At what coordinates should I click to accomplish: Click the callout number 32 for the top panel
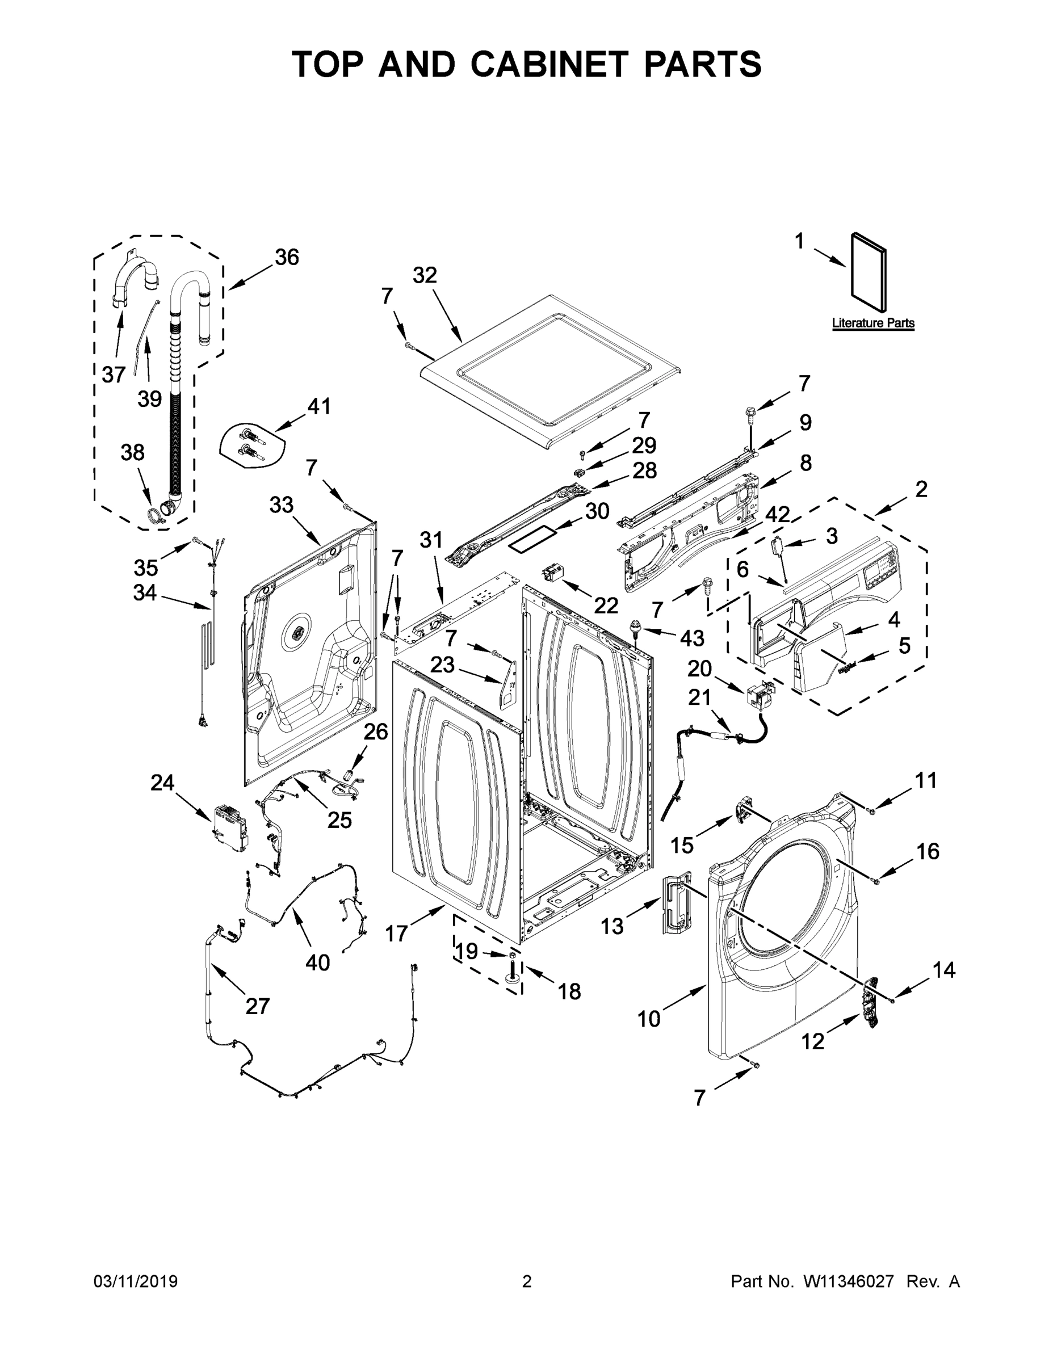coord(425,275)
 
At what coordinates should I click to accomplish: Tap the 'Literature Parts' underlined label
coord(872,323)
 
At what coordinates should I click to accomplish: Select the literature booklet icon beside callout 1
coord(869,273)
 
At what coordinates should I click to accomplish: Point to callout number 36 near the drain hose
coord(287,257)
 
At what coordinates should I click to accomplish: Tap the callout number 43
coord(692,638)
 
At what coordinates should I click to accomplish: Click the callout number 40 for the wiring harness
coord(317,963)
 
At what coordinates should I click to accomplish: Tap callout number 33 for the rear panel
coord(282,505)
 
